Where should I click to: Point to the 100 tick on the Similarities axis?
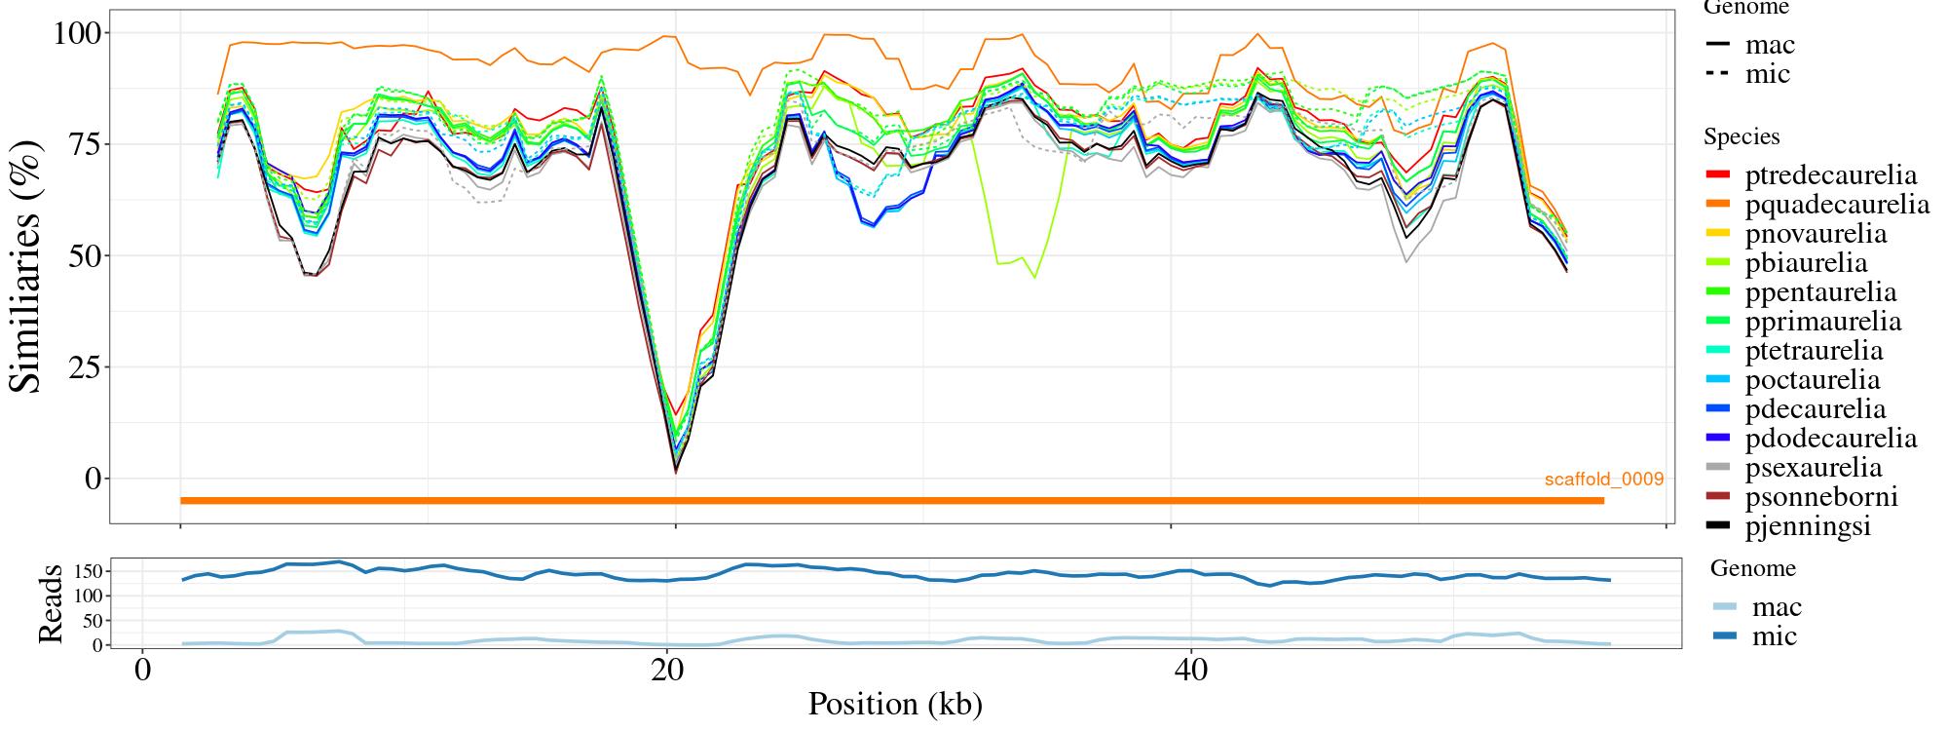pos(77,33)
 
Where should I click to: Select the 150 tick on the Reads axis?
pos(88,570)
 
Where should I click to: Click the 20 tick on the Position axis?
pos(667,672)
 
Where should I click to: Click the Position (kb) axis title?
pos(894,704)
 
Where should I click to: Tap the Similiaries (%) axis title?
pos(26,265)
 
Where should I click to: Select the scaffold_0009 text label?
pos(1603,480)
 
